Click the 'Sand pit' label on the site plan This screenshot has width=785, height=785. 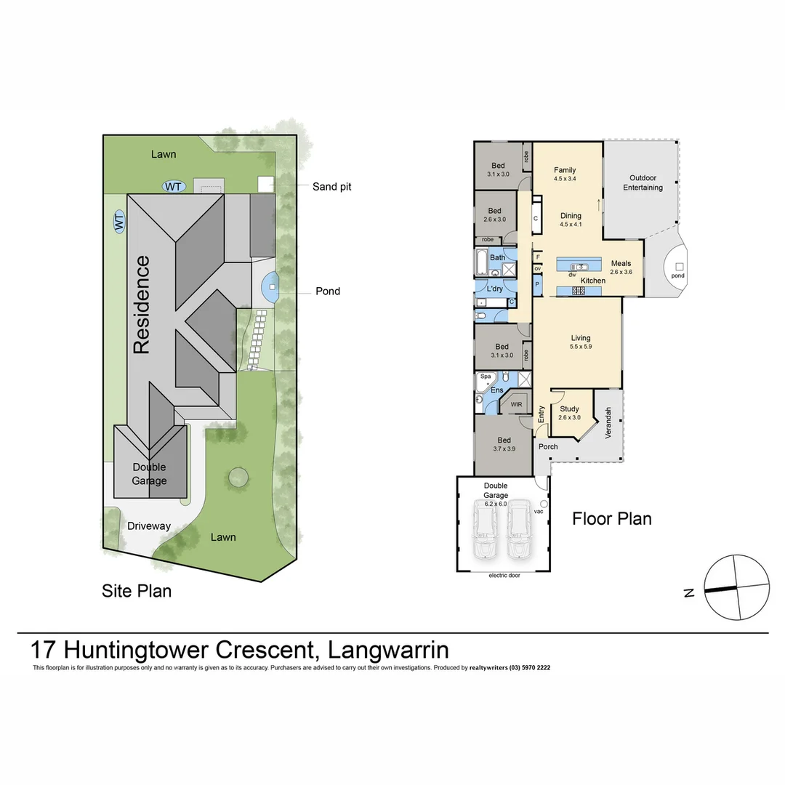click(331, 187)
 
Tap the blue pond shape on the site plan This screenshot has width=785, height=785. click(270, 287)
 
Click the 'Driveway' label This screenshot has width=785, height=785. click(148, 526)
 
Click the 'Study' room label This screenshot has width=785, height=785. click(569, 409)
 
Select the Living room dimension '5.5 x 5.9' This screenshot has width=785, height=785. click(580, 347)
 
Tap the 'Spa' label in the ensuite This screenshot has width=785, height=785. click(485, 377)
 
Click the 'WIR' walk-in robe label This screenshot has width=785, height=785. click(517, 404)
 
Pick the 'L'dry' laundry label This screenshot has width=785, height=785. click(494, 289)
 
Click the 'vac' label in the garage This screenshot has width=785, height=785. click(538, 511)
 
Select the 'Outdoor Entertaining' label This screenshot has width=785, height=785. click(645, 182)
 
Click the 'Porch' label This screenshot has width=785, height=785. click(548, 446)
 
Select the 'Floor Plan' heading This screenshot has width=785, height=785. click(611, 518)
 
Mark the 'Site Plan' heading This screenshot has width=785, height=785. click(137, 591)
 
